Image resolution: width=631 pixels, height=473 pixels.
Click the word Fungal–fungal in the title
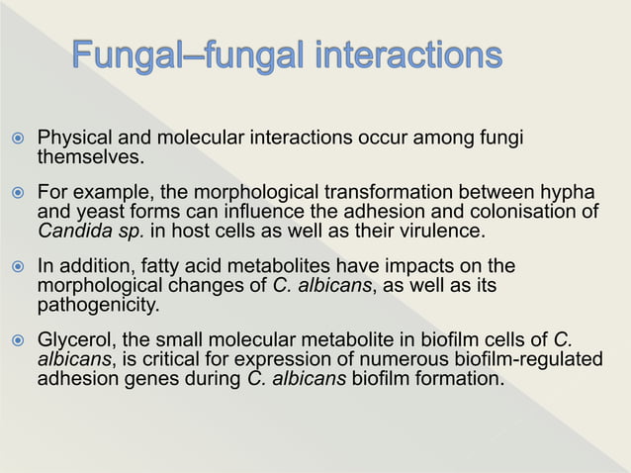(186, 56)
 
